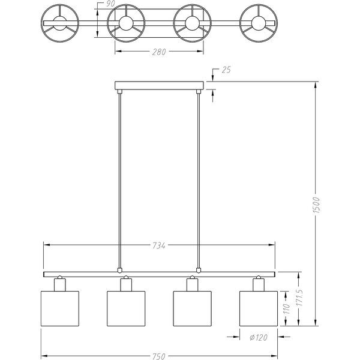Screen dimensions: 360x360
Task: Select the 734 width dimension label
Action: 158,245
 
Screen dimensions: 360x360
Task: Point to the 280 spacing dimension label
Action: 158,52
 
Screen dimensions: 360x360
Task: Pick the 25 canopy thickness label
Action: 226,70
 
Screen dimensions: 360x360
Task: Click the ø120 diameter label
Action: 258,337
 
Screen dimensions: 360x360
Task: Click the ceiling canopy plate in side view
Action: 159,85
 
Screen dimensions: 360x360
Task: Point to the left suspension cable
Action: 121,180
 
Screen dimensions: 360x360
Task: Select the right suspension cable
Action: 199,180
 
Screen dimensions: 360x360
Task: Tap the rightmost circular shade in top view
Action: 259,23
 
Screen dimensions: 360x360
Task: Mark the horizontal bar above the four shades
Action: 158,274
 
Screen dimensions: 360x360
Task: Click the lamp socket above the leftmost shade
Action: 59,284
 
